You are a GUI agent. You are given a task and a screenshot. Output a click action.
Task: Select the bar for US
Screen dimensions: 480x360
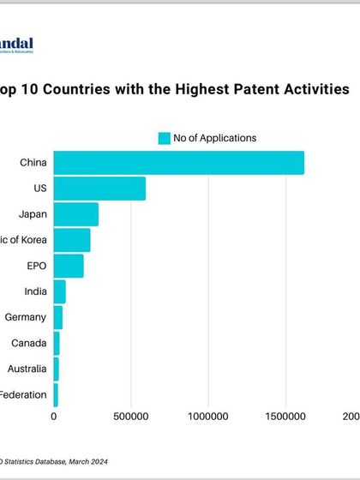99,189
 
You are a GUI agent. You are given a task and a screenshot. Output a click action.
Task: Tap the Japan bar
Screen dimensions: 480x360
75,214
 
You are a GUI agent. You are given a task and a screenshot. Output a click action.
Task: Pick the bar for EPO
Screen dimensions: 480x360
69,266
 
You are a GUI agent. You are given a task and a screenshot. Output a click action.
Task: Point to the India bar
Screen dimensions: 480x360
59,291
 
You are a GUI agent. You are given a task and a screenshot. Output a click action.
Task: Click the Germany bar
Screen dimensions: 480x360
57,317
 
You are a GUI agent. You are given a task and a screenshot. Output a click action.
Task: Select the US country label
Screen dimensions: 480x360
40,189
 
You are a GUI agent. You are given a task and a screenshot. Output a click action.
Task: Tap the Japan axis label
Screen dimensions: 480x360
33,214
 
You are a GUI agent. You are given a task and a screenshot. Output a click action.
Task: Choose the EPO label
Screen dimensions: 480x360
36,266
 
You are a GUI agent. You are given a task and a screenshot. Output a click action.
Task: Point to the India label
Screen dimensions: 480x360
36,291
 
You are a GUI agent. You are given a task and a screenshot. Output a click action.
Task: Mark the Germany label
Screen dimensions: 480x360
25,317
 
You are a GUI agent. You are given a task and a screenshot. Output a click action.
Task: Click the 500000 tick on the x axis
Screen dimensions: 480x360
130,417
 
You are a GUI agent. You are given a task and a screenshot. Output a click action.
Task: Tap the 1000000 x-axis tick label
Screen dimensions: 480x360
207,417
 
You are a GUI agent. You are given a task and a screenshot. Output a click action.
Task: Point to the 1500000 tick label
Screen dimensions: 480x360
285,417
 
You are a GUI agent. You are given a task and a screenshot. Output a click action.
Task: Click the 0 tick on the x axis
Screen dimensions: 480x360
55,417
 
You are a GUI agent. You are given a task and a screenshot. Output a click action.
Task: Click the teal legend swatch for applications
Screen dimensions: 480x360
164,138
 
